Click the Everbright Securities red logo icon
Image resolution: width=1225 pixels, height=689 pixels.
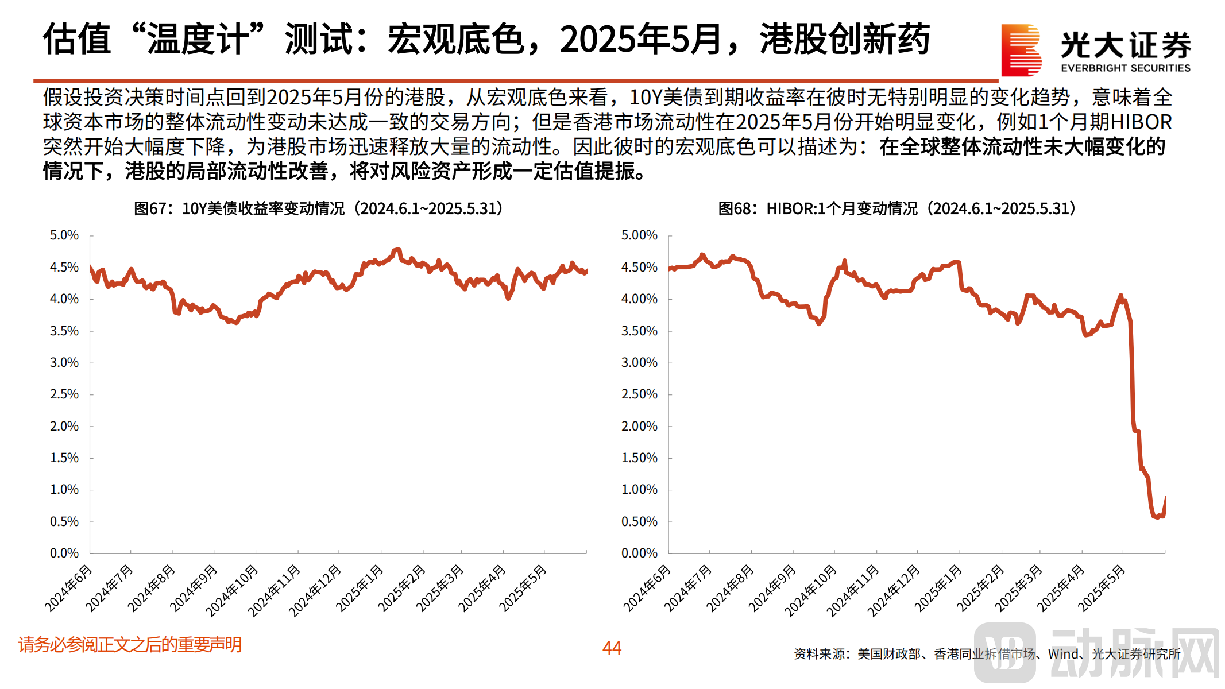click(1021, 50)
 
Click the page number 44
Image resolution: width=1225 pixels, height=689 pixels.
click(612, 648)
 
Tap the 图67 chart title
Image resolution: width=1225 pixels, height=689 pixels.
click(318, 208)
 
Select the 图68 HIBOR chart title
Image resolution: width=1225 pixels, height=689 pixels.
click(896, 208)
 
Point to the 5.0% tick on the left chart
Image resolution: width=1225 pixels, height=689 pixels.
click(64, 235)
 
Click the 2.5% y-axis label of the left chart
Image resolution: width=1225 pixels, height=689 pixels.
click(64, 394)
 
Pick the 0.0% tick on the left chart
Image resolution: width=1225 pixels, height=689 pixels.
click(64, 553)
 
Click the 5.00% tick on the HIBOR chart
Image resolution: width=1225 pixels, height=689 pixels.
click(639, 235)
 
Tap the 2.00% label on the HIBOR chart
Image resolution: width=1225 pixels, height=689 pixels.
click(639, 427)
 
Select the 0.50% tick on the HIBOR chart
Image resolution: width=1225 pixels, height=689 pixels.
click(639, 522)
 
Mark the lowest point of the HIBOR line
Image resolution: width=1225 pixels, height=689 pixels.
click(1156, 517)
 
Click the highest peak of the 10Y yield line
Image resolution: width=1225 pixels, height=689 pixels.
click(397, 249)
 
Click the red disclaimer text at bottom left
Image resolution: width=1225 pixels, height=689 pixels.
click(130, 645)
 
